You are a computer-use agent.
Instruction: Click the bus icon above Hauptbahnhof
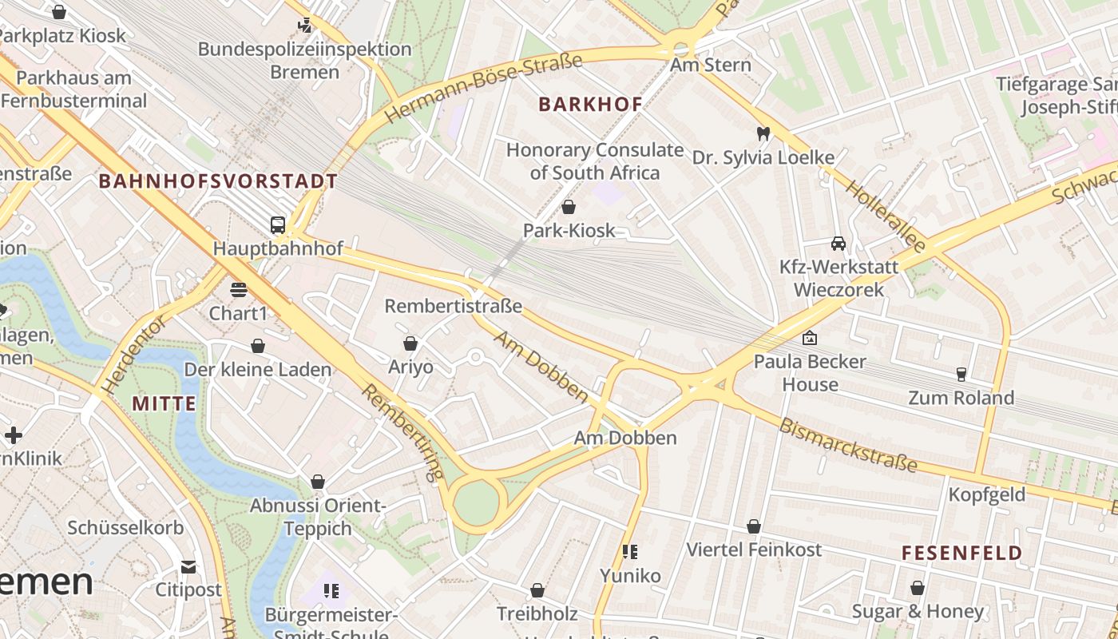[278, 225]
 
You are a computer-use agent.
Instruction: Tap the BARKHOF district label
[590, 104]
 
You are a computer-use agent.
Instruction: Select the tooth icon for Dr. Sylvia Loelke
[763, 133]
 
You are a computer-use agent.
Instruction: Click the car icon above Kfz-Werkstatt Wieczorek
[838, 244]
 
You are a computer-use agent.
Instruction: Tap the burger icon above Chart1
[238, 289]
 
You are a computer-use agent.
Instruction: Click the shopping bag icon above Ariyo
[410, 343]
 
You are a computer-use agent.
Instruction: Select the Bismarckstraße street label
[848, 446]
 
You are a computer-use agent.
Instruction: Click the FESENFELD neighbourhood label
[961, 553]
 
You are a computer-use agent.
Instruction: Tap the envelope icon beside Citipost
[188, 567]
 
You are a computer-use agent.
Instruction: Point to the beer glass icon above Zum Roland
[961, 374]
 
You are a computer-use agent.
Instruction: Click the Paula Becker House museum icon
[810, 338]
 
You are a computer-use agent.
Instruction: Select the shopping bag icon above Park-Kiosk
[569, 208]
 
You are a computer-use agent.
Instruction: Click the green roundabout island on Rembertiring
[477, 503]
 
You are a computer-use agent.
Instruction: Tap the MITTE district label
[164, 403]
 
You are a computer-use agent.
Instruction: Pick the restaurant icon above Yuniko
[630, 552]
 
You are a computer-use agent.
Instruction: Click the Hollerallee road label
[885, 216]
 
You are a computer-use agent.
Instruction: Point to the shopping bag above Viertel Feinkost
[753, 526]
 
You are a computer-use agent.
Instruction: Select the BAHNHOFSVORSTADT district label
[218, 181]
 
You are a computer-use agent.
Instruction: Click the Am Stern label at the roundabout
[711, 65]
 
